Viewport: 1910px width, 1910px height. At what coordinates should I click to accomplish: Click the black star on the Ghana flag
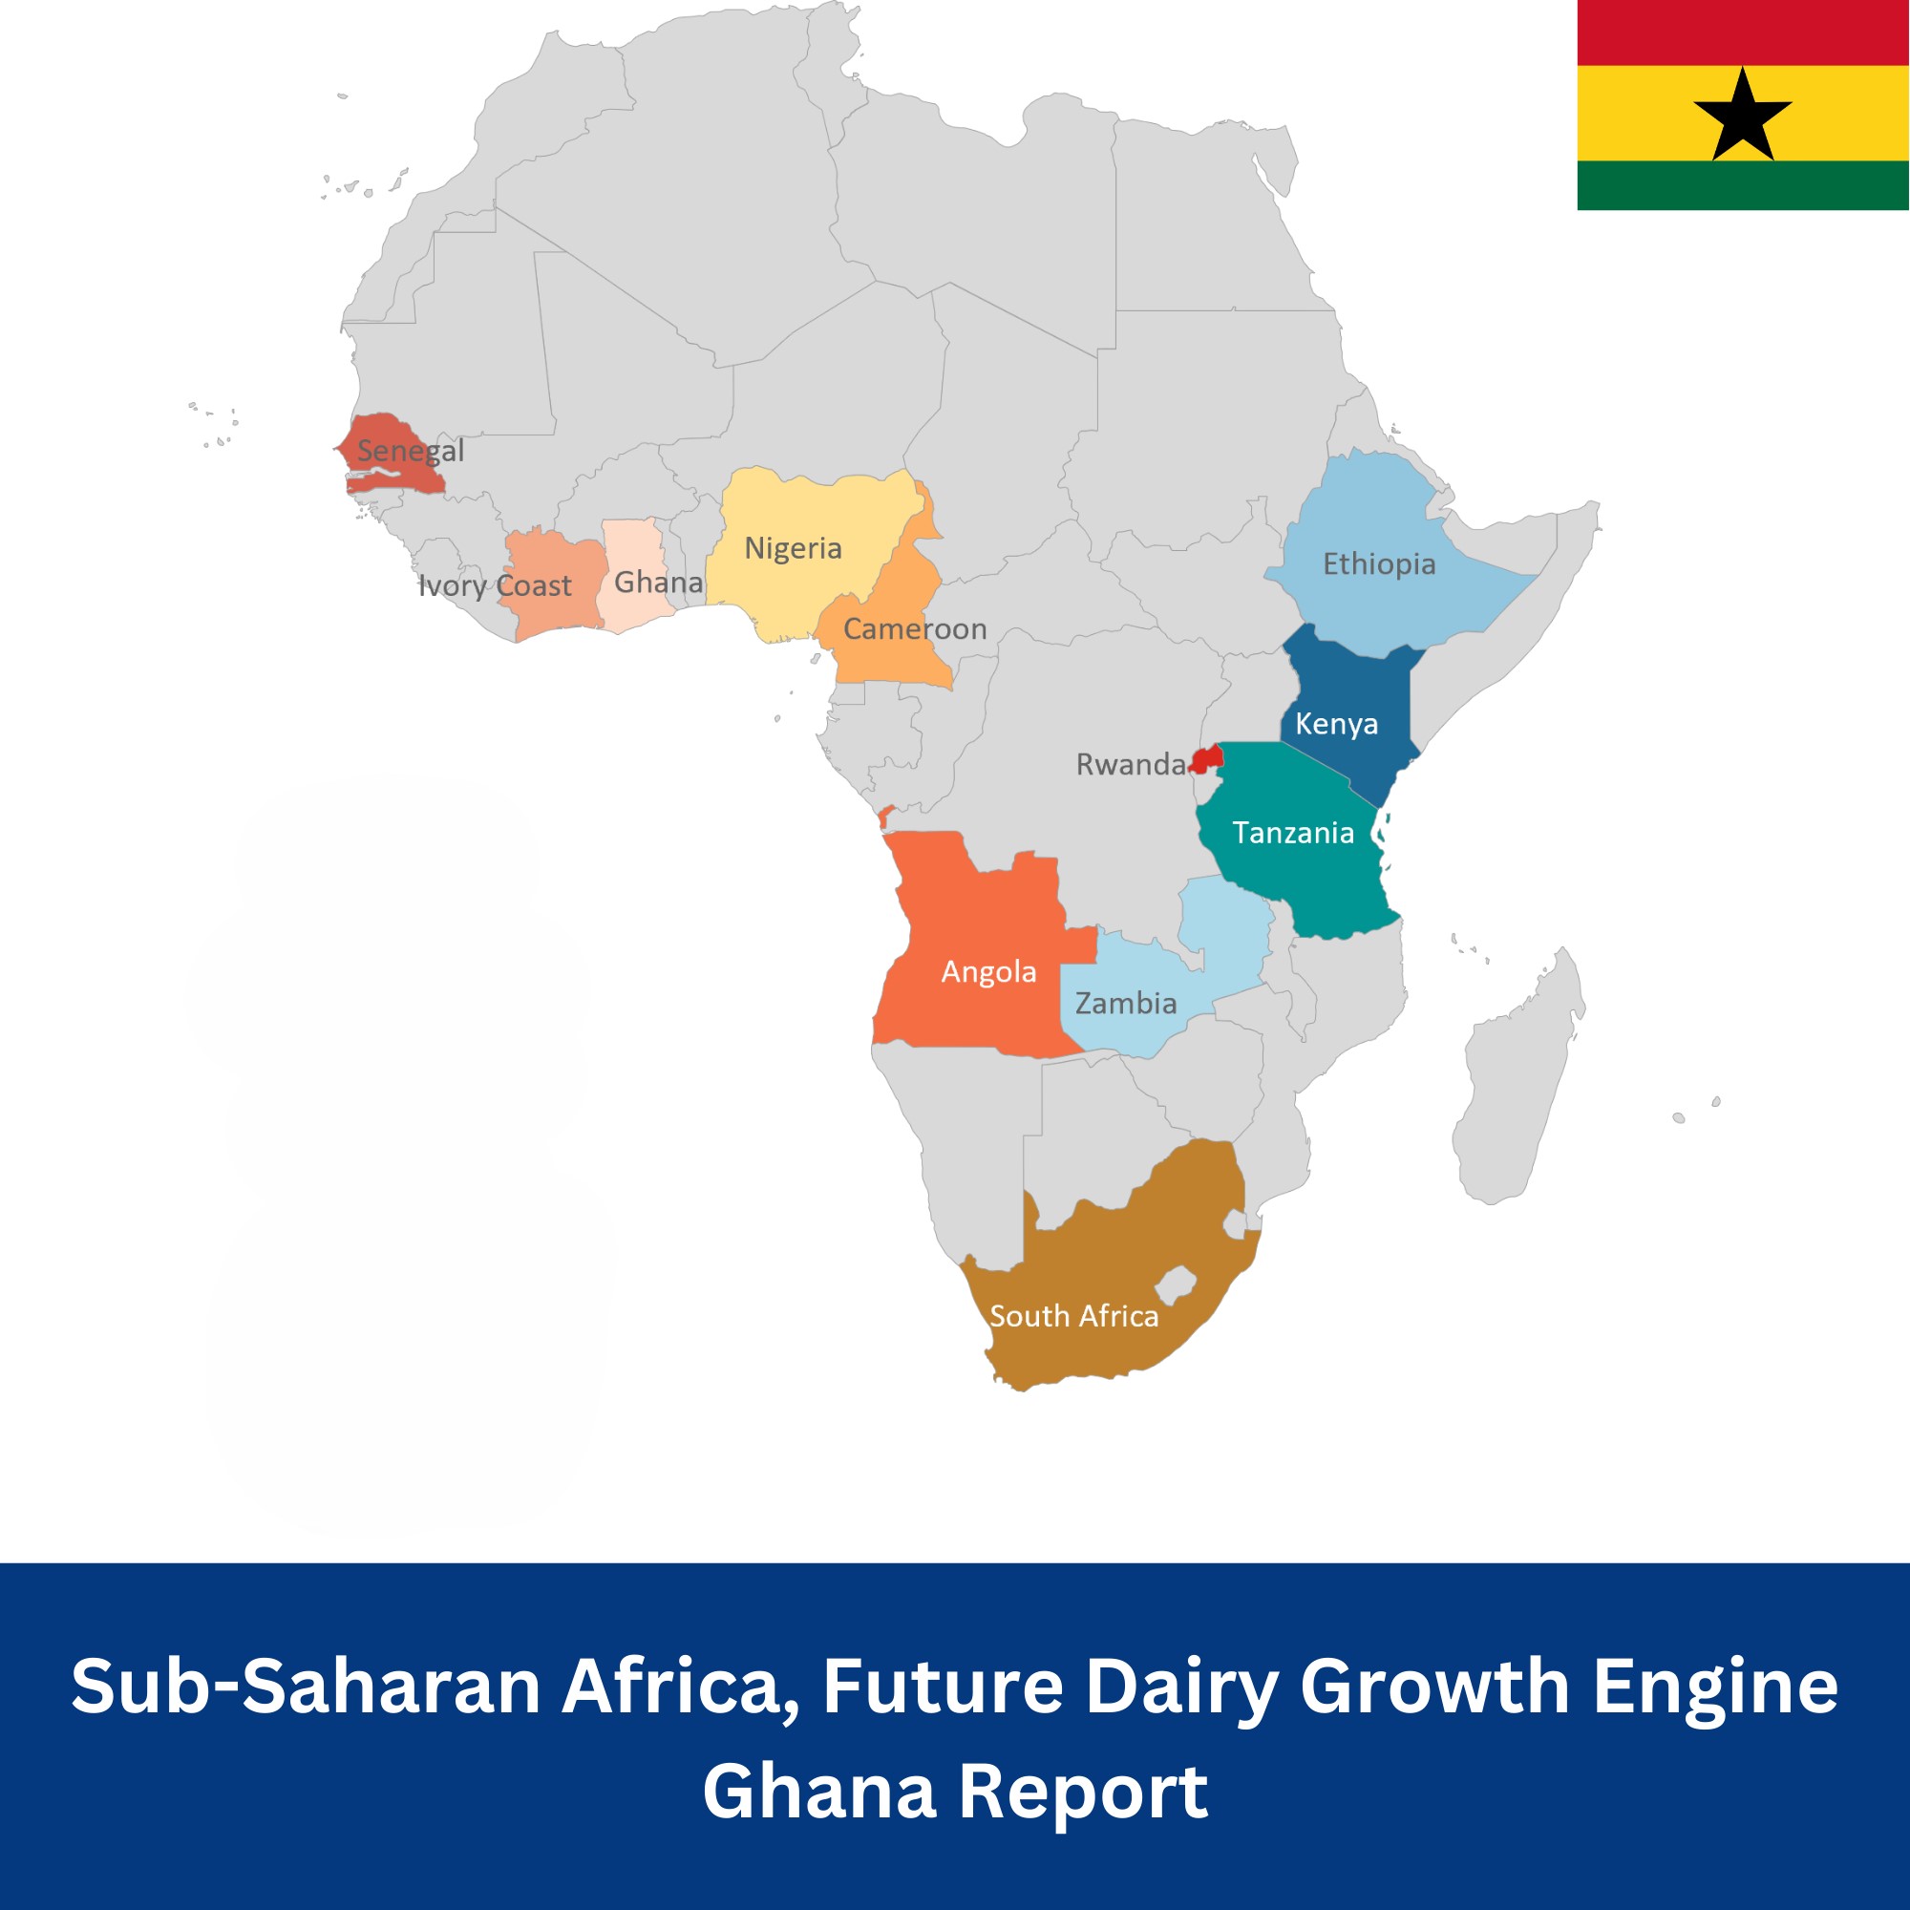pyautogui.click(x=1742, y=117)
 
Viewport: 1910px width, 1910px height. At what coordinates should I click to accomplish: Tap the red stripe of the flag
pyautogui.click(x=1742, y=32)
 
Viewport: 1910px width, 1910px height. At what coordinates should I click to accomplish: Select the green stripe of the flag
pyautogui.click(x=1742, y=185)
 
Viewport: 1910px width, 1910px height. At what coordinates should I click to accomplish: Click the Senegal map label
pyautogui.click(x=411, y=451)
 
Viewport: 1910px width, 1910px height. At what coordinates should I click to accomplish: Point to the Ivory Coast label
pyautogui.click(x=495, y=585)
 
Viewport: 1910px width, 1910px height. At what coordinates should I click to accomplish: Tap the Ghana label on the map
pyautogui.click(x=658, y=583)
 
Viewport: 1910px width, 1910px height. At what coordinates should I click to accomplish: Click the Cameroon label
pyautogui.click(x=915, y=628)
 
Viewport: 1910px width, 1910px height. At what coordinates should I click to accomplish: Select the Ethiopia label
pyautogui.click(x=1379, y=563)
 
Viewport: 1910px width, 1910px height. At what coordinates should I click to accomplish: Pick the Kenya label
pyautogui.click(x=1337, y=724)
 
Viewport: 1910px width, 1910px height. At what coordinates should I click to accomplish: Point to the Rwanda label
pyautogui.click(x=1130, y=764)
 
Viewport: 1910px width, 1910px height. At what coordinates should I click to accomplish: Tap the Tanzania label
pyautogui.click(x=1293, y=833)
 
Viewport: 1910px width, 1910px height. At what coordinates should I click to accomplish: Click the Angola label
pyautogui.click(x=988, y=972)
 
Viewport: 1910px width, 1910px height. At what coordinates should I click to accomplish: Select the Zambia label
pyautogui.click(x=1126, y=1004)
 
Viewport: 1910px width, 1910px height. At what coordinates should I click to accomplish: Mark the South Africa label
pyautogui.click(x=1073, y=1316)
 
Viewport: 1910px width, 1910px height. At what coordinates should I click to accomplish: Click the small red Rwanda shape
pyautogui.click(x=1208, y=759)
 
